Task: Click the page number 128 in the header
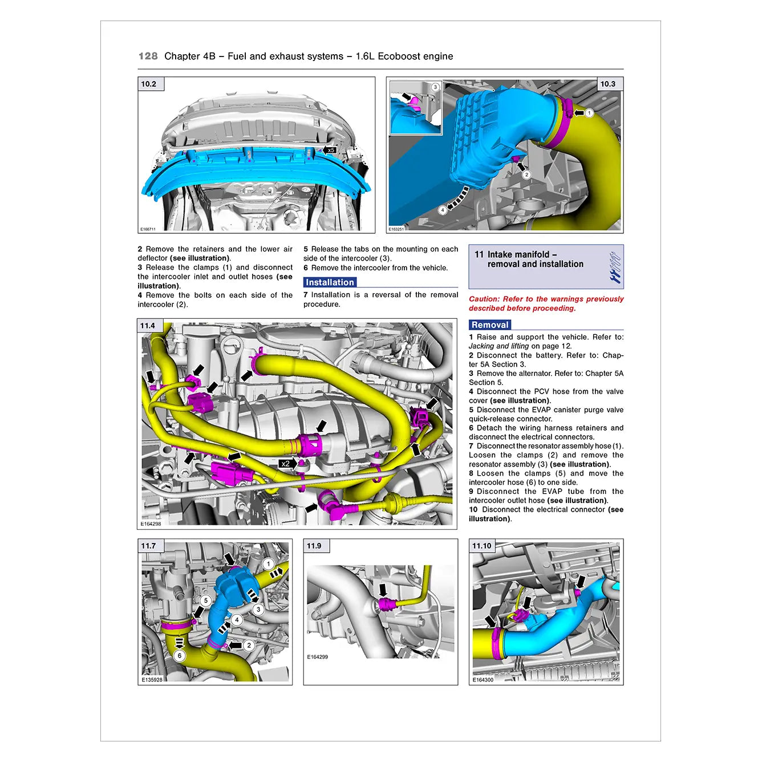(148, 56)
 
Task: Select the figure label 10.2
(149, 84)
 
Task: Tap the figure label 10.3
(608, 84)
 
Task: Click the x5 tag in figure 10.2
(331, 151)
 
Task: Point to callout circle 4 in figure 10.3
(443, 210)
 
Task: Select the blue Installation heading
(330, 282)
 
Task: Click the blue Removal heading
(489, 325)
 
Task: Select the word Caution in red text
(484, 299)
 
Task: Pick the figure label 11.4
(148, 326)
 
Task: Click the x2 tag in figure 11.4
(286, 464)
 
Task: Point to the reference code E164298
(151, 524)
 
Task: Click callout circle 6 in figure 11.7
(180, 656)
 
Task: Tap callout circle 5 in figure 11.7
(206, 601)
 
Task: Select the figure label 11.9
(314, 546)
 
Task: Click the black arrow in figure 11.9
(383, 590)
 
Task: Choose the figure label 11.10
(481, 546)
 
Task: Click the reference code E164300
(483, 680)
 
